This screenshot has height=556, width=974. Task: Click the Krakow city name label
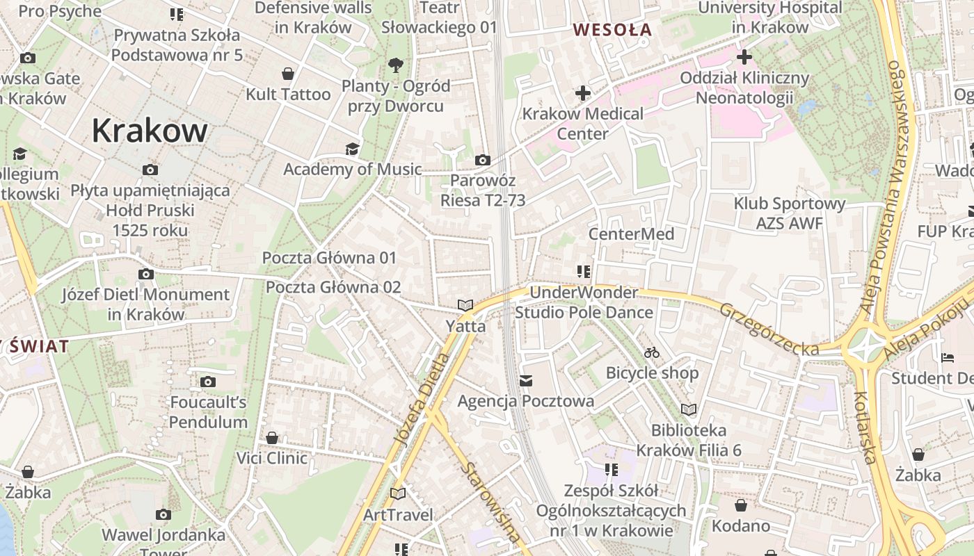coord(150,131)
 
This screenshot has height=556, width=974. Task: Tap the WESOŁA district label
coord(612,30)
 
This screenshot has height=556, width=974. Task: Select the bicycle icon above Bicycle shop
coord(652,352)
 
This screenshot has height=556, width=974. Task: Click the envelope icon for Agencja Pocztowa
coord(526,380)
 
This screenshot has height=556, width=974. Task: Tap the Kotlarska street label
coord(865,426)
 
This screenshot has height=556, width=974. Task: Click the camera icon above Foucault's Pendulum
coord(207,382)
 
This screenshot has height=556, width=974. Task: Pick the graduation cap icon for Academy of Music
coord(353,149)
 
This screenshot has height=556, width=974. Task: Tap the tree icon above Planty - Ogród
coord(396,65)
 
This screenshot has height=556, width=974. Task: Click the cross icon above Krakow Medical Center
coord(583,93)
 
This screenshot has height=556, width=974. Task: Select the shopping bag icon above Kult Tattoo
coord(288,74)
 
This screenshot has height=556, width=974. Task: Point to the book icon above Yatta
coord(465,305)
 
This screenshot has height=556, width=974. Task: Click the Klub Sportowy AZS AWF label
coord(790,213)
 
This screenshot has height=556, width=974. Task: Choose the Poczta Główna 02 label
coord(333,287)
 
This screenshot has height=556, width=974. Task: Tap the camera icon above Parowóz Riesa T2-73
coord(482,161)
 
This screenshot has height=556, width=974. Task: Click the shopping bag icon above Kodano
coord(740,505)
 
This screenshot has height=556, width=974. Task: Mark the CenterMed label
coord(631,234)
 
